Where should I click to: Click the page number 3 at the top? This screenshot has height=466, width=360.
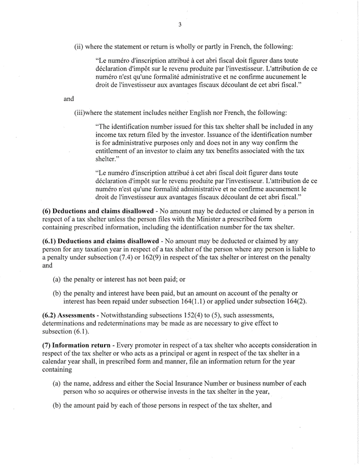point(180,24)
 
